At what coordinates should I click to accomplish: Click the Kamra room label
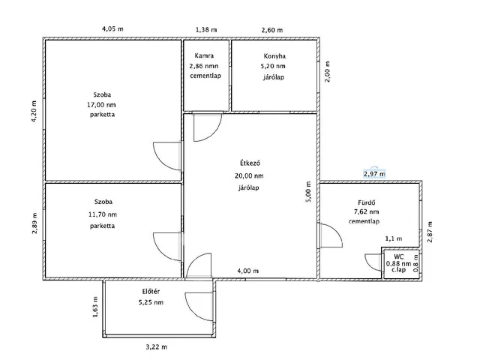point(204,55)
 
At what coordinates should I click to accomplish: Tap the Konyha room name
point(274,56)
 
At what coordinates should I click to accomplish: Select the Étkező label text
point(250,163)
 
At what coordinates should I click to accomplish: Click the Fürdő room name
point(367,202)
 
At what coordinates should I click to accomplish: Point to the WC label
point(398,256)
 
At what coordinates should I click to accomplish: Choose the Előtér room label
point(151,292)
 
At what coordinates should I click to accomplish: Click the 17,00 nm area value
point(102,105)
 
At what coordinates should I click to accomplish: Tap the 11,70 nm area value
point(103,214)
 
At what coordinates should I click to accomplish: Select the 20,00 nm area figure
point(249,175)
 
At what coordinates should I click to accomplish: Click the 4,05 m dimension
point(112,29)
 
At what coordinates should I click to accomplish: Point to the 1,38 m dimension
point(206,30)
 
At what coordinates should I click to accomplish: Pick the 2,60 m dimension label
point(272,30)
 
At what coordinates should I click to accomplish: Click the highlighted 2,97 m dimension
point(374,174)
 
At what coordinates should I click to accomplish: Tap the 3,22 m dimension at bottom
point(157,346)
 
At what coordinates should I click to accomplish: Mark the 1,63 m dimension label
point(95,307)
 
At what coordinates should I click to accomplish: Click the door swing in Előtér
point(199,307)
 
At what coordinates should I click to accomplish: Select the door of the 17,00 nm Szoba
point(167,156)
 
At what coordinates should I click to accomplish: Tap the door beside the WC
point(373,262)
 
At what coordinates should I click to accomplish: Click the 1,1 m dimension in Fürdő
point(394,238)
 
